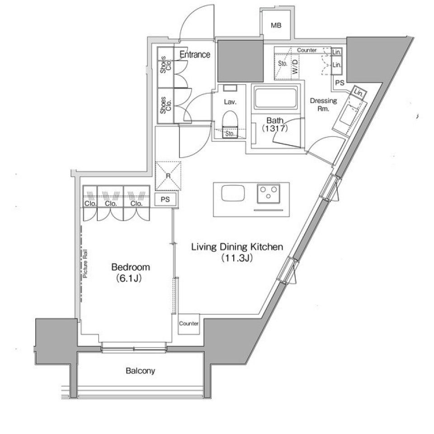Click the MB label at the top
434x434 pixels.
pyautogui.click(x=276, y=26)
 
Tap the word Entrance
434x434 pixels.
pyautogui.click(x=195, y=55)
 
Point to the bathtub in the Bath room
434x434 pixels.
pyautogui.click(x=275, y=98)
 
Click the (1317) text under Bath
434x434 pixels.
pyautogui.click(x=275, y=129)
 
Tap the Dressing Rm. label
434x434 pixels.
pyautogui.click(x=323, y=105)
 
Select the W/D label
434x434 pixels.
pyautogui.click(x=294, y=67)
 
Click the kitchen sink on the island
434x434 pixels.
pyautogui.click(x=233, y=194)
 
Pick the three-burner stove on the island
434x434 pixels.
pyautogui.click(x=269, y=193)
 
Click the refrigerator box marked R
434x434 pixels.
pyautogui.click(x=168, y=176)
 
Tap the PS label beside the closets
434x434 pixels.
pyautogui.click(x=165, y=199)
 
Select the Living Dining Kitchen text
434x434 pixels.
pyautogui.click(x=237, y=247)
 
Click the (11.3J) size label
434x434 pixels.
pyautogui.click(x=236, y=259)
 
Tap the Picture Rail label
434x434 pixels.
pyautogui.click(x=85, y=269)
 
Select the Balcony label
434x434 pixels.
pyautogui.click(x=140, y=371)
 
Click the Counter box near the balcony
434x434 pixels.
pyautogui.click(x=189, y=324)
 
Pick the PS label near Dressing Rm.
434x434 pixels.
pyautogui.click(x=340, y=83)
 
